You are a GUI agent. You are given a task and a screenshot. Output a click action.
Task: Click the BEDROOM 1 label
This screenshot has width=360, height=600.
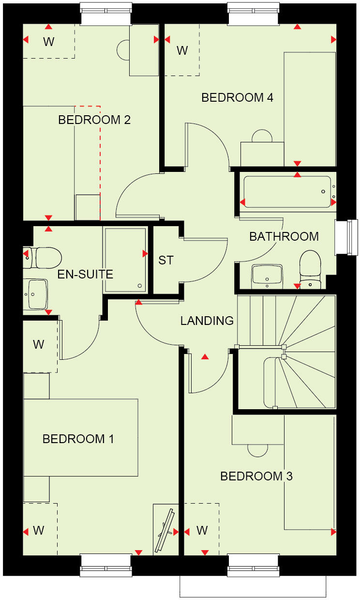pos(78,439)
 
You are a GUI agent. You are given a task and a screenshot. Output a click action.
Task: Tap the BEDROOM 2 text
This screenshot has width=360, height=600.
pos(94,120)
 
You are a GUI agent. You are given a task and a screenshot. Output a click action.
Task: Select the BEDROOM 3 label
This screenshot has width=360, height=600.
pos(256,476)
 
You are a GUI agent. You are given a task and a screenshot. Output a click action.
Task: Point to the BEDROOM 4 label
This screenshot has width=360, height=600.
pos(237,97)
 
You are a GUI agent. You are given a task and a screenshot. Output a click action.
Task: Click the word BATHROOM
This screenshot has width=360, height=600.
pos(284,236)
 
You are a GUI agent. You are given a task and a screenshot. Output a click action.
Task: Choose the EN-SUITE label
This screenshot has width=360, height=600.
pos(85,275)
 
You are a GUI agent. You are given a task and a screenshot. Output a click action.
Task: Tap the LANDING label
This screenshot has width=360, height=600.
pos(207,320)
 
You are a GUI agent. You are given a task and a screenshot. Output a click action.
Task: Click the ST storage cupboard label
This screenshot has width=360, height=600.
pos(166,260)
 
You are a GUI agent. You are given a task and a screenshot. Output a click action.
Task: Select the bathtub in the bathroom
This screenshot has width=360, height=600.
pos(287,192)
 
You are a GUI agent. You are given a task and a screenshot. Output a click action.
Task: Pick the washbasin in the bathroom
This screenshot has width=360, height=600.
pos(267,276)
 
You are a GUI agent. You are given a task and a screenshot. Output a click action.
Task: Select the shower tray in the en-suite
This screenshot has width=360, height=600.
pos(125,260)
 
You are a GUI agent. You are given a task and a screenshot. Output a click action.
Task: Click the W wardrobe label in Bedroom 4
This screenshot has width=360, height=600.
pos(182,50)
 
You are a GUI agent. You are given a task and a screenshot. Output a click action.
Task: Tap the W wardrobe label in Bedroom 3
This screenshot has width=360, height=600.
pos(202,530)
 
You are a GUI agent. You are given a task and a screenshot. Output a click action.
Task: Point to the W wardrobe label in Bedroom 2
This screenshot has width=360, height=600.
pos(48,42)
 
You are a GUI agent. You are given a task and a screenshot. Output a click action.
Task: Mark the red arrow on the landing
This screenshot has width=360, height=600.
pos(205,357)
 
